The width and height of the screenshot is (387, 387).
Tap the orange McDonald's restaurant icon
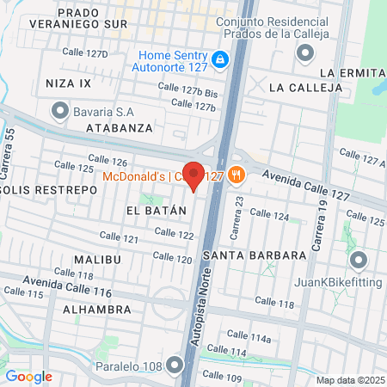click(237, 176)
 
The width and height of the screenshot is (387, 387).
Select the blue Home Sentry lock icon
click(220, 58)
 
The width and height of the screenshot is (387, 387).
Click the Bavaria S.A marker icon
click(59, 110)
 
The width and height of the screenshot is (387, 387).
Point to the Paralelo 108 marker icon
click(176, 367)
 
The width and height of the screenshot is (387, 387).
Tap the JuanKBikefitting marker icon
click(358, 259)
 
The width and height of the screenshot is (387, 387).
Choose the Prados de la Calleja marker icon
click(304, 53)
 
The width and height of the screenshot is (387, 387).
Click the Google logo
click(28, 376)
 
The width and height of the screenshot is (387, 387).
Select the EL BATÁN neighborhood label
click(156, 211)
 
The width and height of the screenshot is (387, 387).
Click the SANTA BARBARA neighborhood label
click(255, 255)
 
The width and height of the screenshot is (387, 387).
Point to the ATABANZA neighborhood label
click(120, 127)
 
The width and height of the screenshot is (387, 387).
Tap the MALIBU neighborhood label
click(97, 259)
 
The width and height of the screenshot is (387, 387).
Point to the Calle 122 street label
click(174, 234)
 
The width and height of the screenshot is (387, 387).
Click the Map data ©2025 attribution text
click(349, 379)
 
